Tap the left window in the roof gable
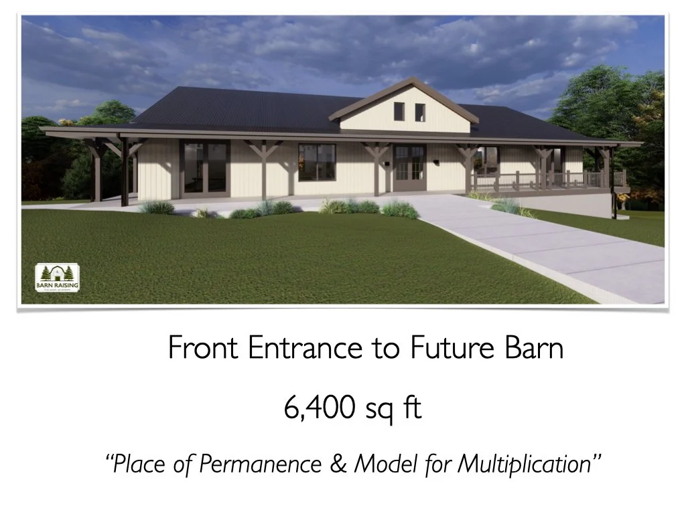point(399,111)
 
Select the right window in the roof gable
point(420,112)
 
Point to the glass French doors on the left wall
point(205,168)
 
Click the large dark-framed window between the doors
point(317,163)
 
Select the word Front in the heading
point(204,348)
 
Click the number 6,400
point(320,409)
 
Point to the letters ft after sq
point(413,409)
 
